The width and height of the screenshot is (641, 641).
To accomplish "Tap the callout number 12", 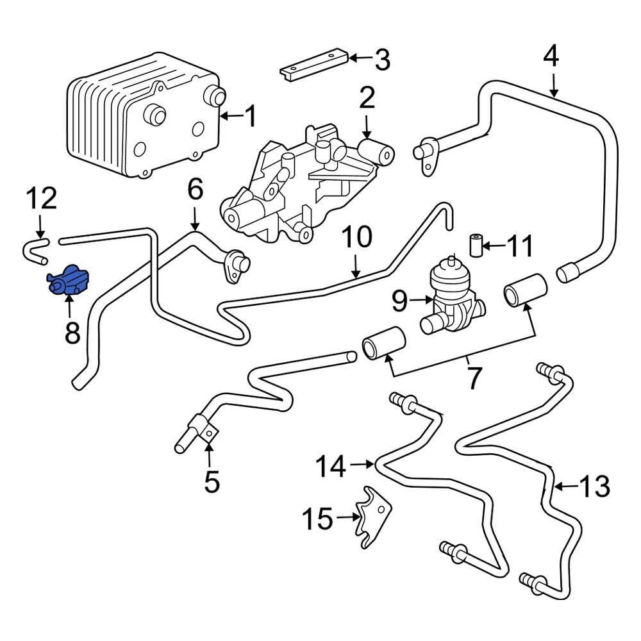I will click(x=41, y=199).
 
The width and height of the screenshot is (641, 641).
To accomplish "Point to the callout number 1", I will click(x=249, y=117).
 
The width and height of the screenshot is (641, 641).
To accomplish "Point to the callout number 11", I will click(x=519, y=246).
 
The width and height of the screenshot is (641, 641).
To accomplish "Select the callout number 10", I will click(x=356, y=237).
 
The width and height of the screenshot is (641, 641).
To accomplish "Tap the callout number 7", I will click(x=473, y=378).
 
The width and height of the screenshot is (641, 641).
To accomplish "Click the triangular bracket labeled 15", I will click(x=374, y=516).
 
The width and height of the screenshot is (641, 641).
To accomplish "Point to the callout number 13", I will click(x=594, y=487).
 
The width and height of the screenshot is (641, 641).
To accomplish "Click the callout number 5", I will click(x=211, y=481).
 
